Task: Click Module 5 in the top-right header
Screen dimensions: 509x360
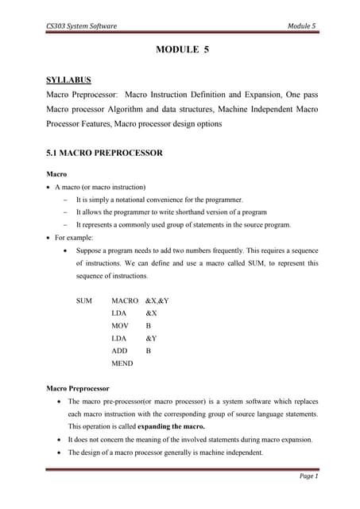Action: tap(301, 25)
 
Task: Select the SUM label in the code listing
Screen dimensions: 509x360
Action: tap(83, 301)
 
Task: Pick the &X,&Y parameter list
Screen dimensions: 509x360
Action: tap(157, 301)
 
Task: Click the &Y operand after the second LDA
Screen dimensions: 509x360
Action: tap(151, 339)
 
